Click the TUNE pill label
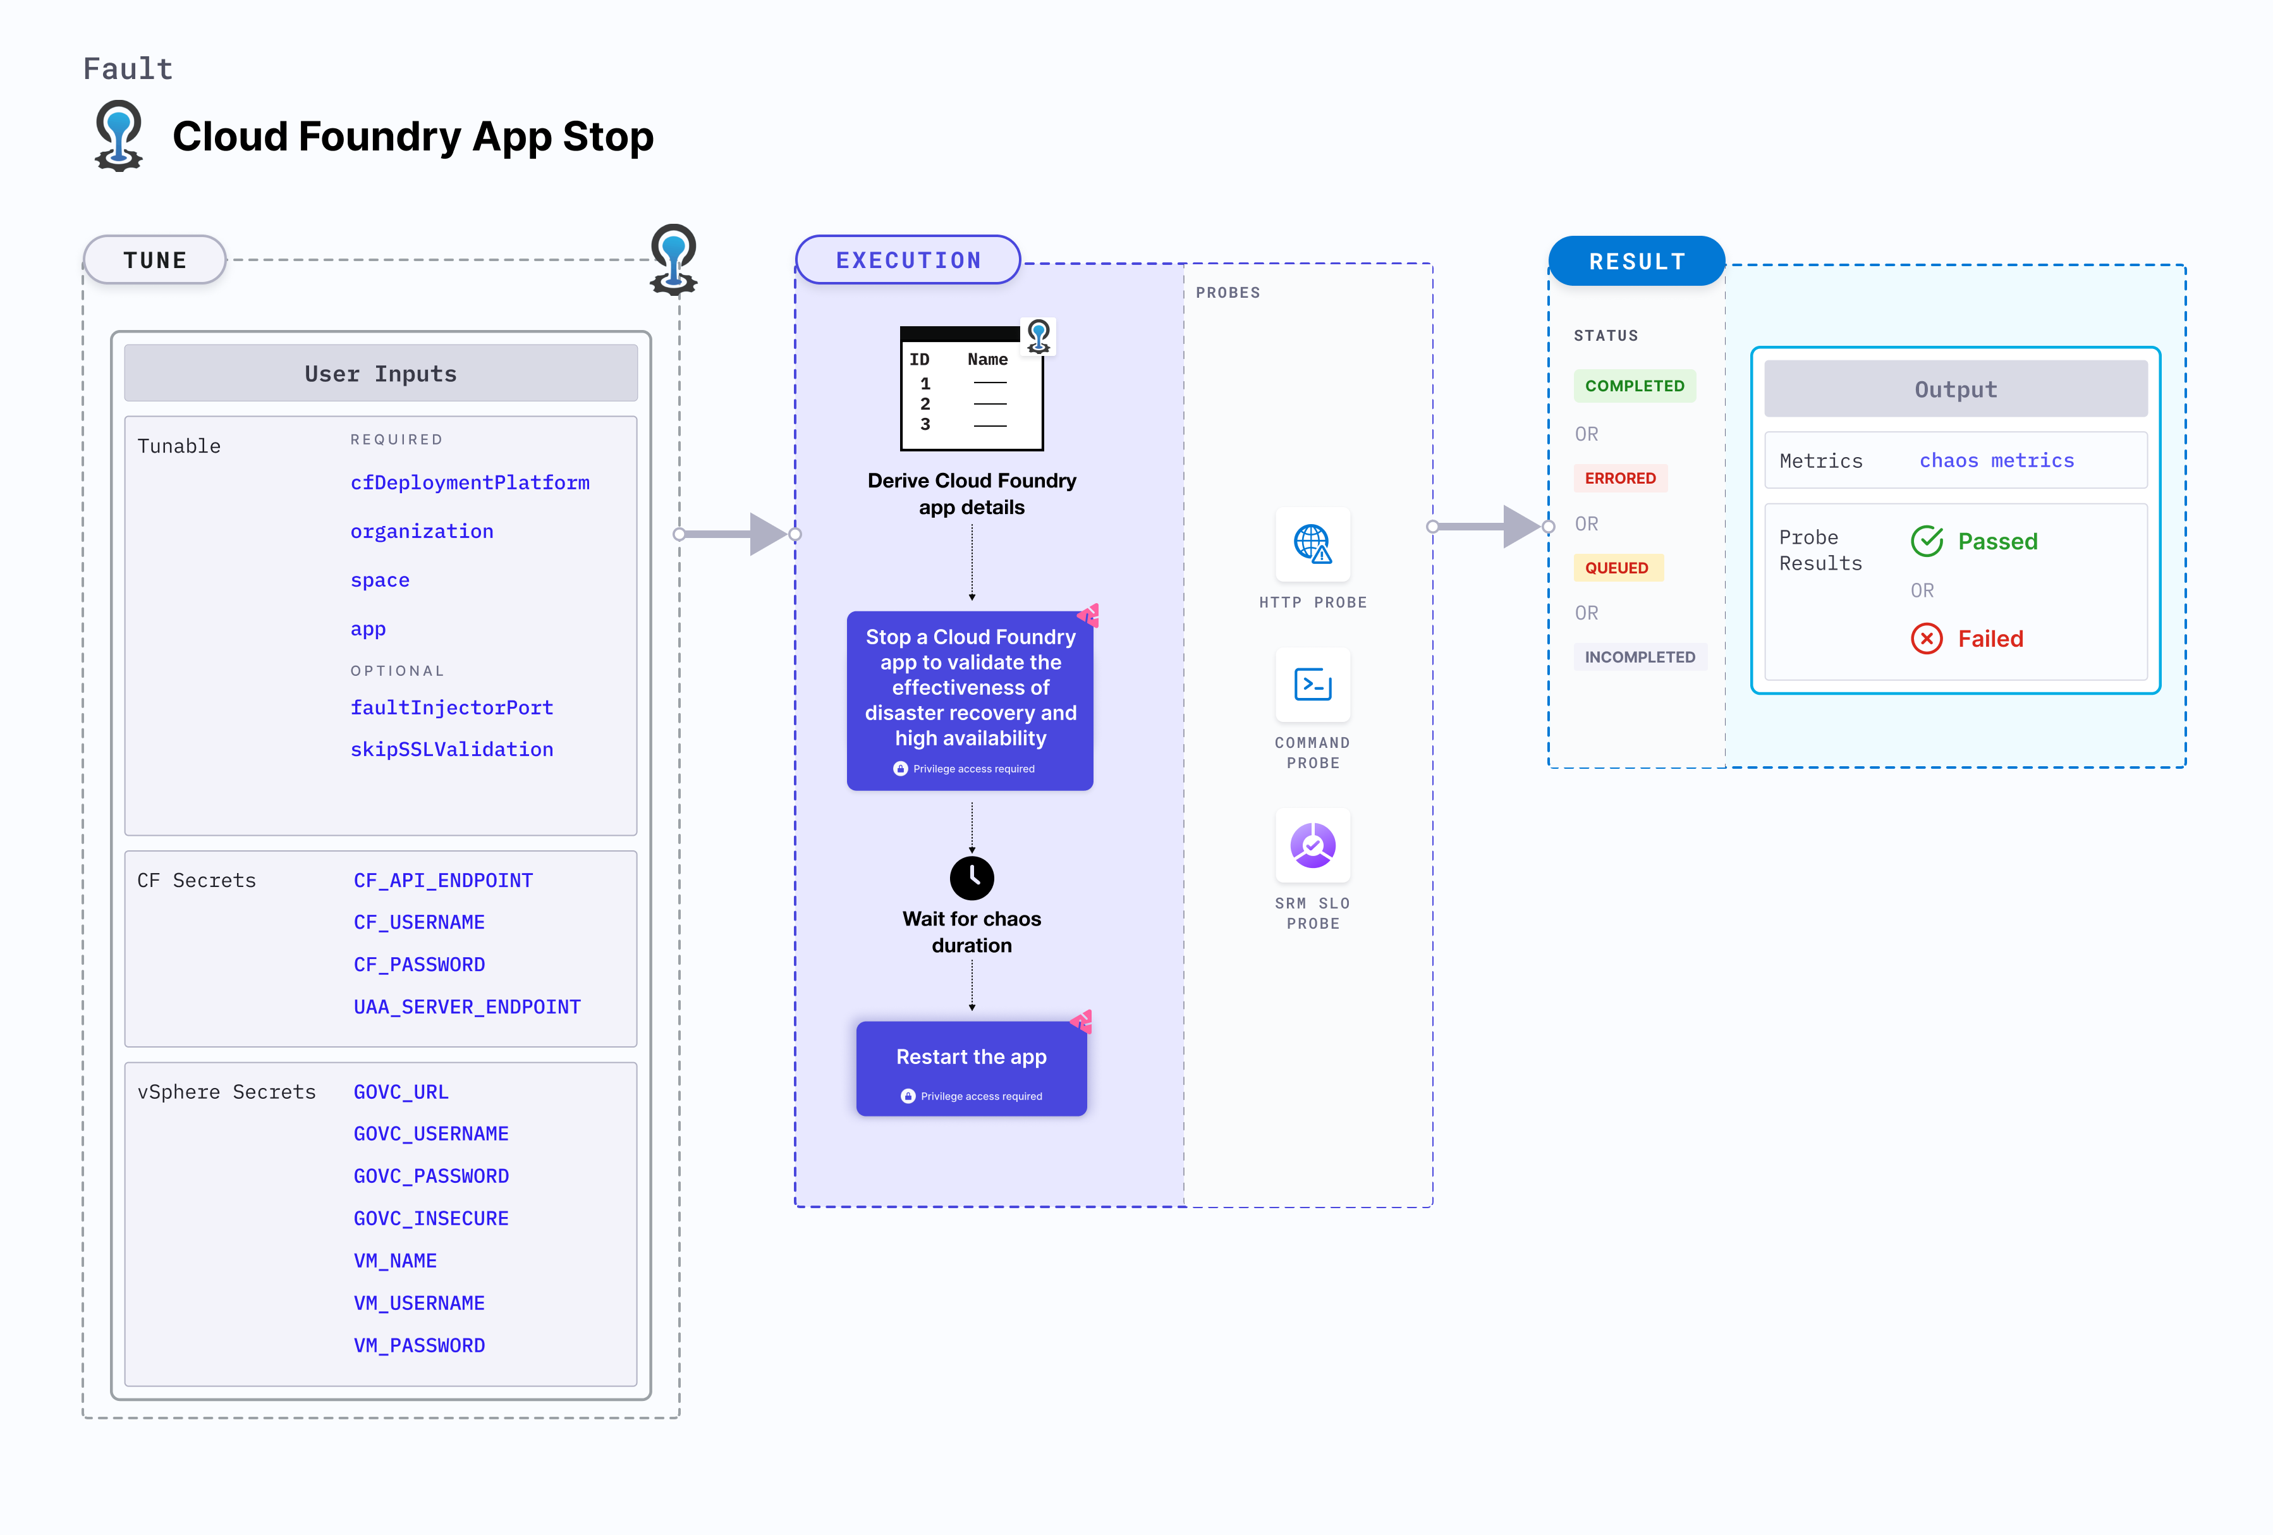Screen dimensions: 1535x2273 click(x=154, y=260)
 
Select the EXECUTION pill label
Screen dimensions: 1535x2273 click(x=908, y=260)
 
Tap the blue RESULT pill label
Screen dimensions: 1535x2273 click(x=1636, y=261)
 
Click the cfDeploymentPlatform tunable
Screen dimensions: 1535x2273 click(x=470, y=482)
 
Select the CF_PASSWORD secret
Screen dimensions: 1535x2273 click(x=418, y=965)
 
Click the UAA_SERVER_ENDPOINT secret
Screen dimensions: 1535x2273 click(x=466, y=1006)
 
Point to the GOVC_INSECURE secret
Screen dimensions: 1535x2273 click(x=430, y=1218)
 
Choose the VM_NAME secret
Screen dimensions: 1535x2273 click(x=395, y=1261)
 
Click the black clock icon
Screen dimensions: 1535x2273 click(x=972, y=878)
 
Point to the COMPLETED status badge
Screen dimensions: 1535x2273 click(x=1635, y=386)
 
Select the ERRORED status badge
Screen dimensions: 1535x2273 click(x=1619, y=479)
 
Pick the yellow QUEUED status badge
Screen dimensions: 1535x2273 click(x=1617, y=568)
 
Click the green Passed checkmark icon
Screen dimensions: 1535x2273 click(x=1926, y=541)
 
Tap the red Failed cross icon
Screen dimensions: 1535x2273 click(x=1926, y=639)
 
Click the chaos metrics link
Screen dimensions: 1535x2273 click(x=1996, y=461)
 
